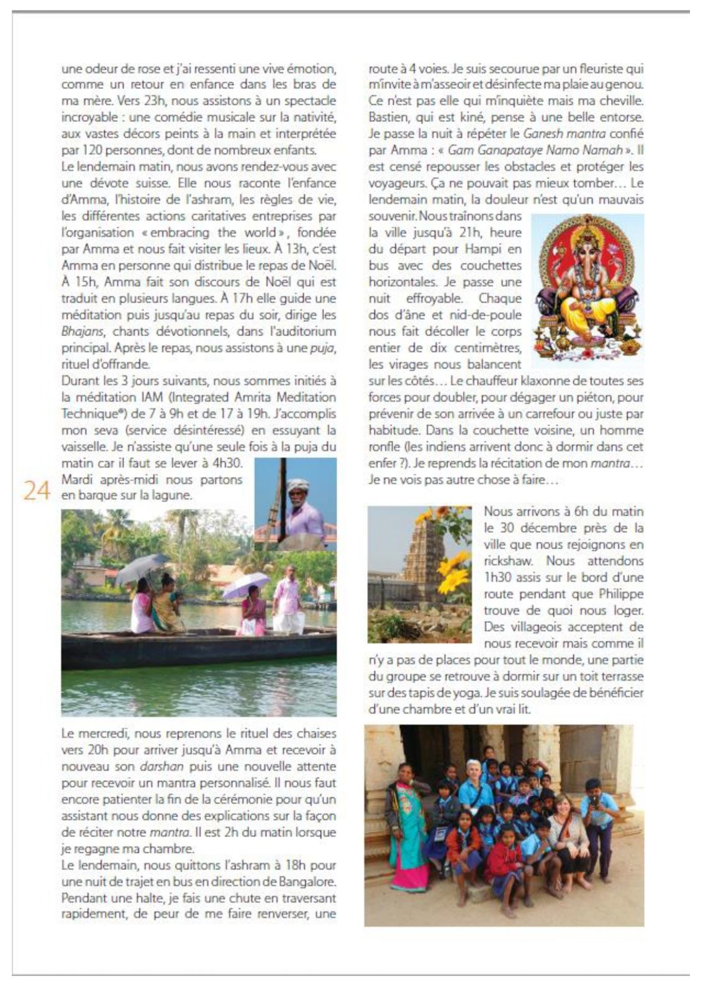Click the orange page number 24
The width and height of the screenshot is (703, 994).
pyautogui.click(x=37, y=491)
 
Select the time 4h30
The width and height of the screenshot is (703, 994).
pyautogui.click(x=228, y=463)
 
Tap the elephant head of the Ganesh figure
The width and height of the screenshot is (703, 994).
pyautogui.click(x=586, y=255)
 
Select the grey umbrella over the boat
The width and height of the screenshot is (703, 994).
pyautogui.click(x=141, y=567)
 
